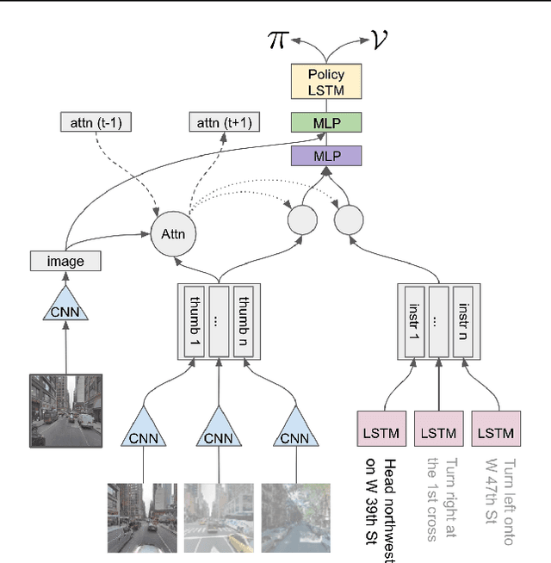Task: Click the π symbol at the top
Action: [277, 40]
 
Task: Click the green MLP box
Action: [325, 123]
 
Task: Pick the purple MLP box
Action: [325, 156]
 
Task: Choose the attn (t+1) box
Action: [224, 122]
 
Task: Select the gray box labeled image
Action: [65, 260]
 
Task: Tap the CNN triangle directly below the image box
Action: [65, 306]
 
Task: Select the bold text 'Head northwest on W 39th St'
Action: [381, 508]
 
